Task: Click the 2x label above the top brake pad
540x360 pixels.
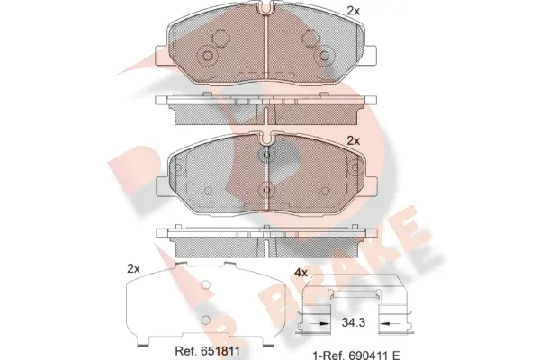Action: (x=353, y=11)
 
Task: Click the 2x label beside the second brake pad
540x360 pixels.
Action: (x=353, y=141)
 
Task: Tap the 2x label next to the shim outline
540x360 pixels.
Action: (x=134, y=268)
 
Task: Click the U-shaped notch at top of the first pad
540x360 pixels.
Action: (x=267, y=12)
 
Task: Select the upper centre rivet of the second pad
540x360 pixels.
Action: (x=265, y=155)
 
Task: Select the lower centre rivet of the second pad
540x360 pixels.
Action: (x=265, y=189)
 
